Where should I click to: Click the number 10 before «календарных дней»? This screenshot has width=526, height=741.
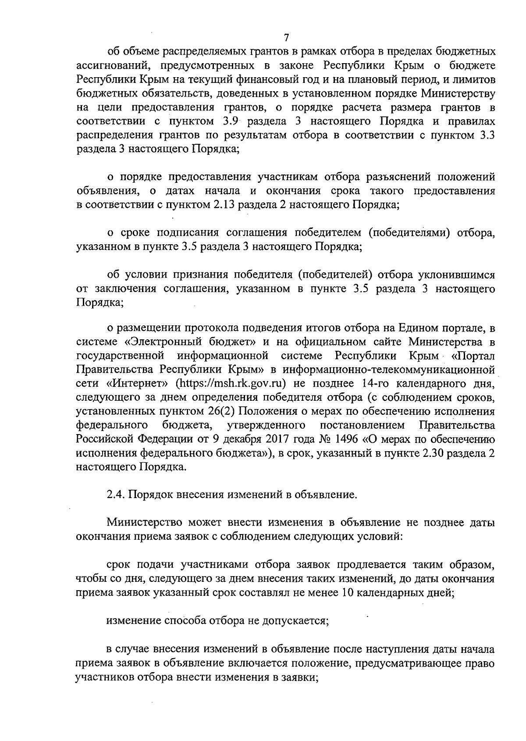tap(346, 593)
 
